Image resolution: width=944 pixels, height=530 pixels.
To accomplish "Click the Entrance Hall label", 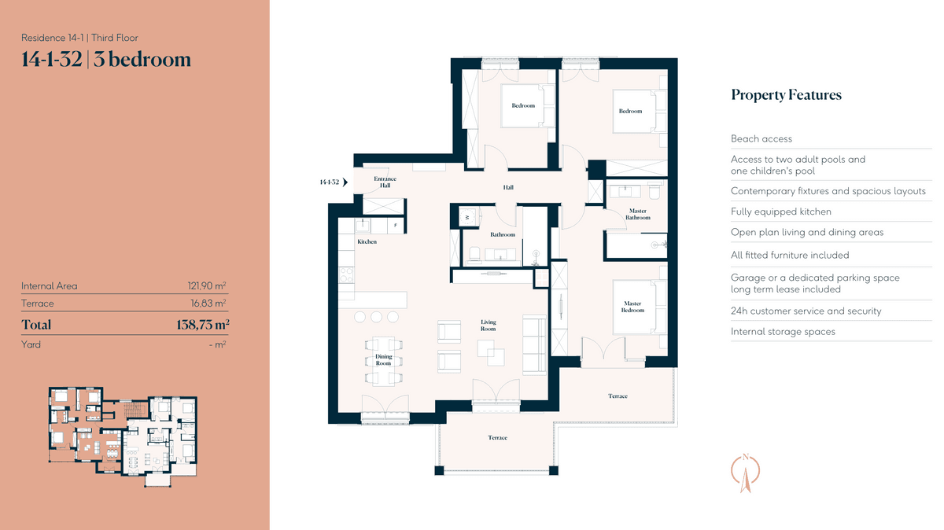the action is (385, 182).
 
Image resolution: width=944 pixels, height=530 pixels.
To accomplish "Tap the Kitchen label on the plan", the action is (367, 242).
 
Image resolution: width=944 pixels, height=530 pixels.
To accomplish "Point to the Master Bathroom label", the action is (638, 214).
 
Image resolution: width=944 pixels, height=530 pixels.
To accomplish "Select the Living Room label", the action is (489, 326).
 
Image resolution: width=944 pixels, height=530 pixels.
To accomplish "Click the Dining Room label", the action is (384, 360).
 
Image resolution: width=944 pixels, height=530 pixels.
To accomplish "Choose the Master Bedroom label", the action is (632, 307).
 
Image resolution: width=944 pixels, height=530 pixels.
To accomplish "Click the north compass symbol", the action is (746, 473).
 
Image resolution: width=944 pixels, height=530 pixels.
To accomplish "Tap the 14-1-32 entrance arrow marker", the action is (345, 182).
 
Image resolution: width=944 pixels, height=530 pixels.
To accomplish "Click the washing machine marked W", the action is (467, 217).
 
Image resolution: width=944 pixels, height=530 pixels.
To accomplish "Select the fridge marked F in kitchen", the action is (395, 226).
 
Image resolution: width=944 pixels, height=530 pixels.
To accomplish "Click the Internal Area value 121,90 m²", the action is (207, 285).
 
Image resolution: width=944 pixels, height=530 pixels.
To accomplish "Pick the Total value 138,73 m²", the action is (203, 325).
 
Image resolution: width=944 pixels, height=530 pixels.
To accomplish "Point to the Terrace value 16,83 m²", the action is (208, 304).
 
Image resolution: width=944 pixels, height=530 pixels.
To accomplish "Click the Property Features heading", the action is (786, 95).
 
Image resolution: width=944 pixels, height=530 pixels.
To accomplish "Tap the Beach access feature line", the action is (761, 138).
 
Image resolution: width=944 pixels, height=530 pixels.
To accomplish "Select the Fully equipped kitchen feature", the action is (781, 212).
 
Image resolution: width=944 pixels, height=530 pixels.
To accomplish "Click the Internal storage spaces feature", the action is (783, 332).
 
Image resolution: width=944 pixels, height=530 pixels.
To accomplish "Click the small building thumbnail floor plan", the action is (123, 436).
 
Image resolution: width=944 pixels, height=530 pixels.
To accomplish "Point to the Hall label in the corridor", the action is (508, 187).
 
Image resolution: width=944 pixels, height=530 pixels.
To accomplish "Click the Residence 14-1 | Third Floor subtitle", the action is (79, 38).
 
